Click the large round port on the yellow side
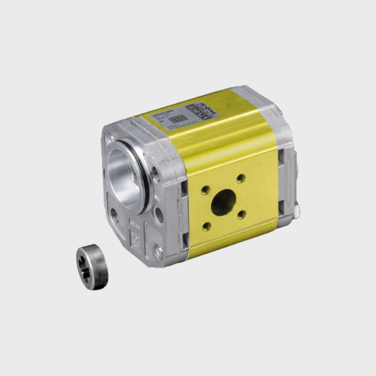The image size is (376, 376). (223, 202)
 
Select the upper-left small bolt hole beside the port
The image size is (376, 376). (205, 189)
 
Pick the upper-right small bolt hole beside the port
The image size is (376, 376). (241, 178)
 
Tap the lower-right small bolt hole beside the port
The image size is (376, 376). (242, 214)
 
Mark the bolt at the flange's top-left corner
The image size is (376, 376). (110, 137)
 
